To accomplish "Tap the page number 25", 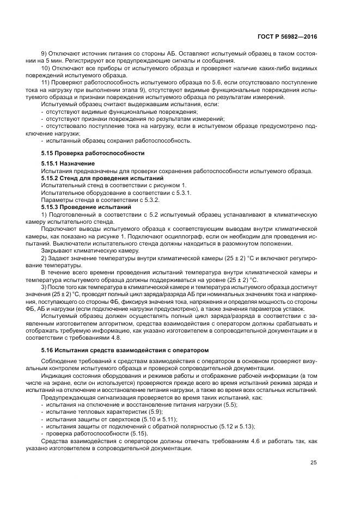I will click(x=313, y=463).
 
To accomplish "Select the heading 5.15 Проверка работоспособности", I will click(x=93, y=152).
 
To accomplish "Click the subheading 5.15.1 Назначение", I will click(x=68, y=163).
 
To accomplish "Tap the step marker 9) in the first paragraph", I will click(x=45, y=53).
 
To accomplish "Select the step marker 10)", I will click(x=46, y=68).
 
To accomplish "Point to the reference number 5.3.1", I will click(x=182, y=193).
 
